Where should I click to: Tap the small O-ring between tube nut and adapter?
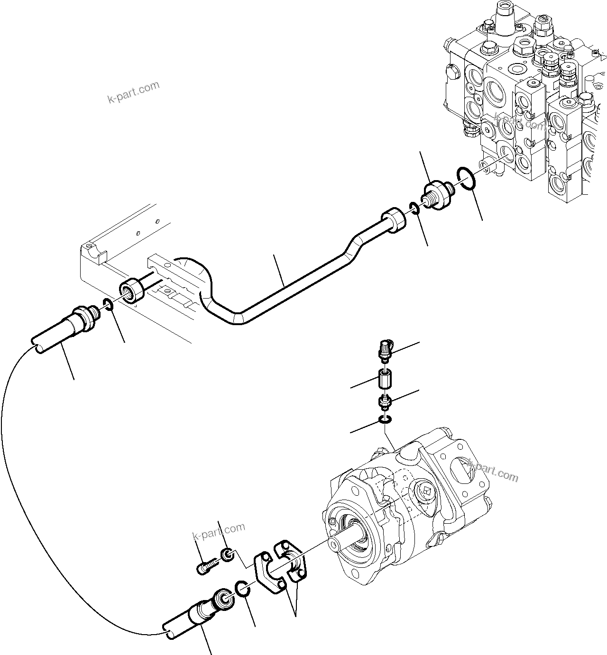[x=414, y=208]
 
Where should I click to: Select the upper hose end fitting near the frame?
[x=83, y=319]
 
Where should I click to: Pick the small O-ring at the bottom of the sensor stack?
[x=385, y=418]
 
